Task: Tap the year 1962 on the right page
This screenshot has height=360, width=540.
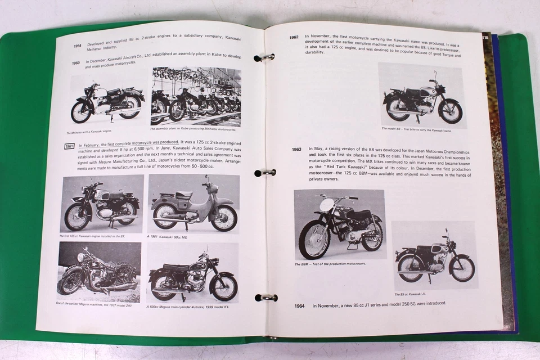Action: click(x=293, y=38)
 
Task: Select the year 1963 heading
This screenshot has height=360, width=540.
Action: click(x=296, y=150)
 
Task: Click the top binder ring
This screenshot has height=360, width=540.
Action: click(x=264, y=57)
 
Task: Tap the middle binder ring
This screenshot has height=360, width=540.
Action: click(x=265, y=173)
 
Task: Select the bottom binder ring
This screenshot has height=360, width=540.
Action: click(x=266, y=297)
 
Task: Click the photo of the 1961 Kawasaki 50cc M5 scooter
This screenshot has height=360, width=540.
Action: click(x=192, y=203)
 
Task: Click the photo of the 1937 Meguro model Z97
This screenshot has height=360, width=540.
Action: click(x=99, y=272)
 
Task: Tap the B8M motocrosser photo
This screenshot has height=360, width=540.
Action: click(x=339, y=224)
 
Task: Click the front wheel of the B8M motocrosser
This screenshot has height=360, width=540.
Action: click(x=314, y=238)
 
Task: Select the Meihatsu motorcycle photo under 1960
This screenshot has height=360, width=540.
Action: click(x=107, y=102)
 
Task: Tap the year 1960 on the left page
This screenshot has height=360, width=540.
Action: click(x=76, y=64)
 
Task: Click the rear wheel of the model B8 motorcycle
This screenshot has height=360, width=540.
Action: click(x=397, y=109)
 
